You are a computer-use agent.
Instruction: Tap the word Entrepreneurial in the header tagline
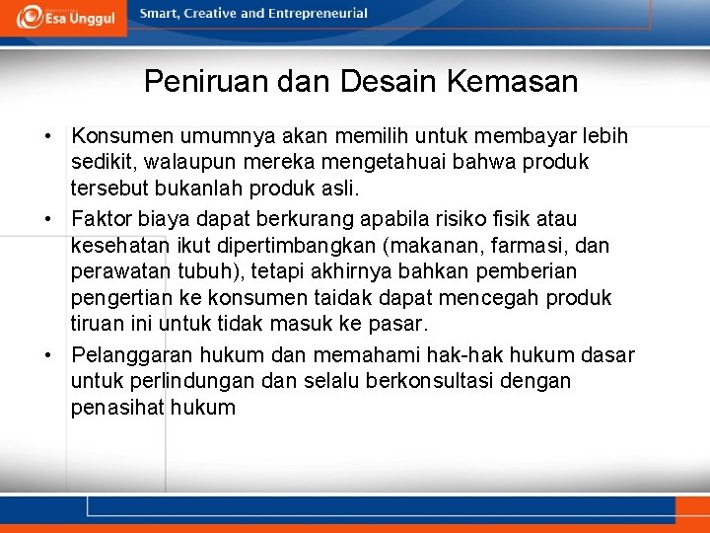click(319, 14)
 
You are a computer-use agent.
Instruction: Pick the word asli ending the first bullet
click(352, 189)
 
